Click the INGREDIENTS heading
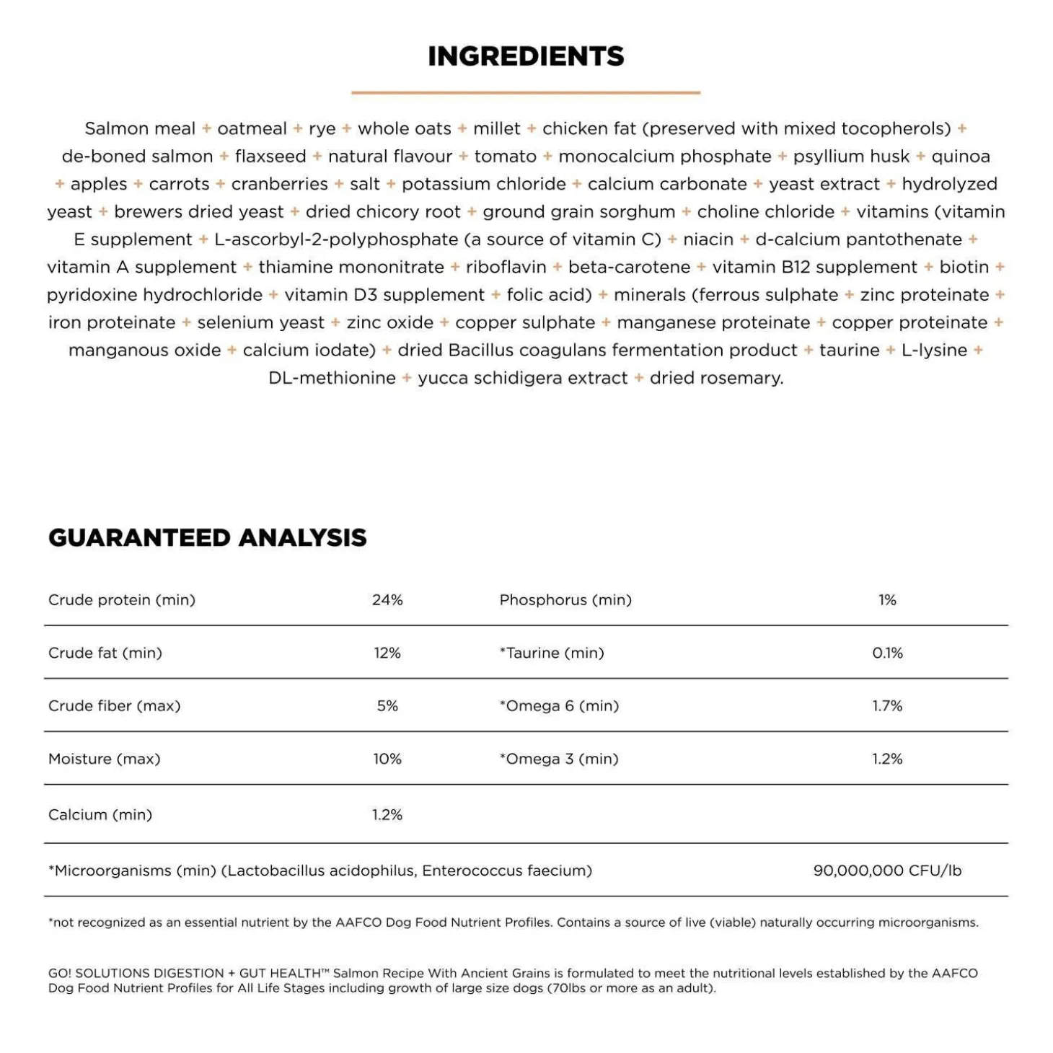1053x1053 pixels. click(x=526, y=56)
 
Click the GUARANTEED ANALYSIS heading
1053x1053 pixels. click(x=208, y=537)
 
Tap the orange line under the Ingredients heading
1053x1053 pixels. click(x=526, y=92)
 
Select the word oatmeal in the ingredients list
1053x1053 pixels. click(x=252, y=128)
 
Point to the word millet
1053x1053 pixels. click(x=496, y=128)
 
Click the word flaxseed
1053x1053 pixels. click(x=270, y=157)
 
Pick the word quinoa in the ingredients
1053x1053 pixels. click(x=961, y=157)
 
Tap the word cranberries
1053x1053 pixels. click(x=279, y=184)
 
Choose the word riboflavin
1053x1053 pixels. click(x=506, y=267)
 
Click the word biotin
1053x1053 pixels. click(x=964, y=267)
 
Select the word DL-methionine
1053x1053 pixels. click(x=332, y=378)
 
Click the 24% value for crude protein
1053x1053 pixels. click(x=387, y=600)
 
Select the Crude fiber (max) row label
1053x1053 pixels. click(x=115, y=706)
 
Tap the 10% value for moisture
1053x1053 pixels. click(x=387, y=759)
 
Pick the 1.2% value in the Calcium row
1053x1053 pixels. click(x=387, y=815)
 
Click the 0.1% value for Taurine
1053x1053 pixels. click(x=887, y=653)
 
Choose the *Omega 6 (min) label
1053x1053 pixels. click(x=560, y=706)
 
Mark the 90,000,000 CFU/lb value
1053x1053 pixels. click(x=887, y=871)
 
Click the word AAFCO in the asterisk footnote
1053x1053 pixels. click(x=358, y=922)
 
